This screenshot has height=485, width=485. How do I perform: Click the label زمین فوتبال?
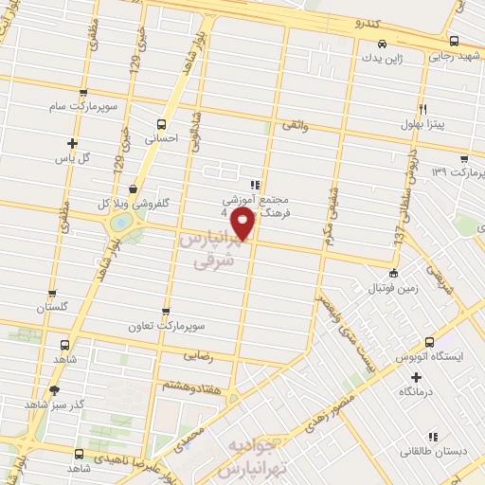point(390,285)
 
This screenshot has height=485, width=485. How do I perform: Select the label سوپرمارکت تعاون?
point(167,325)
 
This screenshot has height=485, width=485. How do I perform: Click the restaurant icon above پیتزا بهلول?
point(422,108)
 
